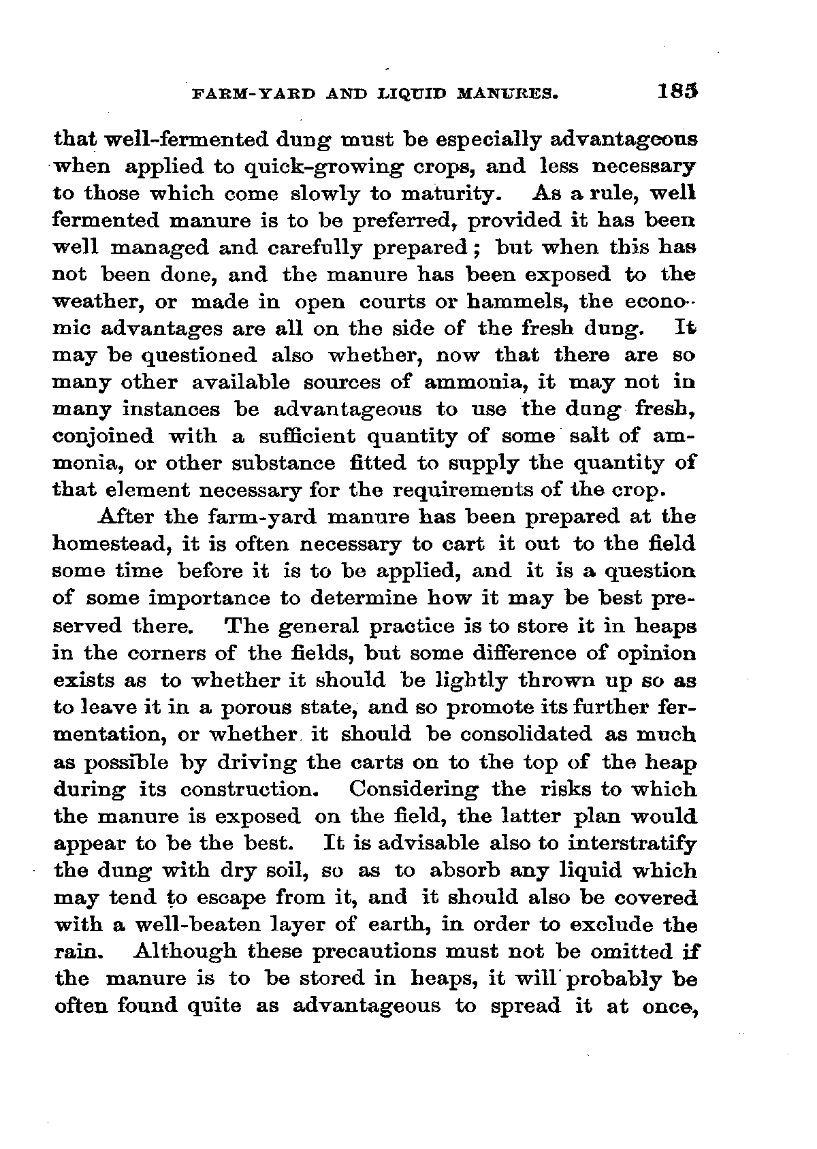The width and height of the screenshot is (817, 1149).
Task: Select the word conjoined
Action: pos(102,437)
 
